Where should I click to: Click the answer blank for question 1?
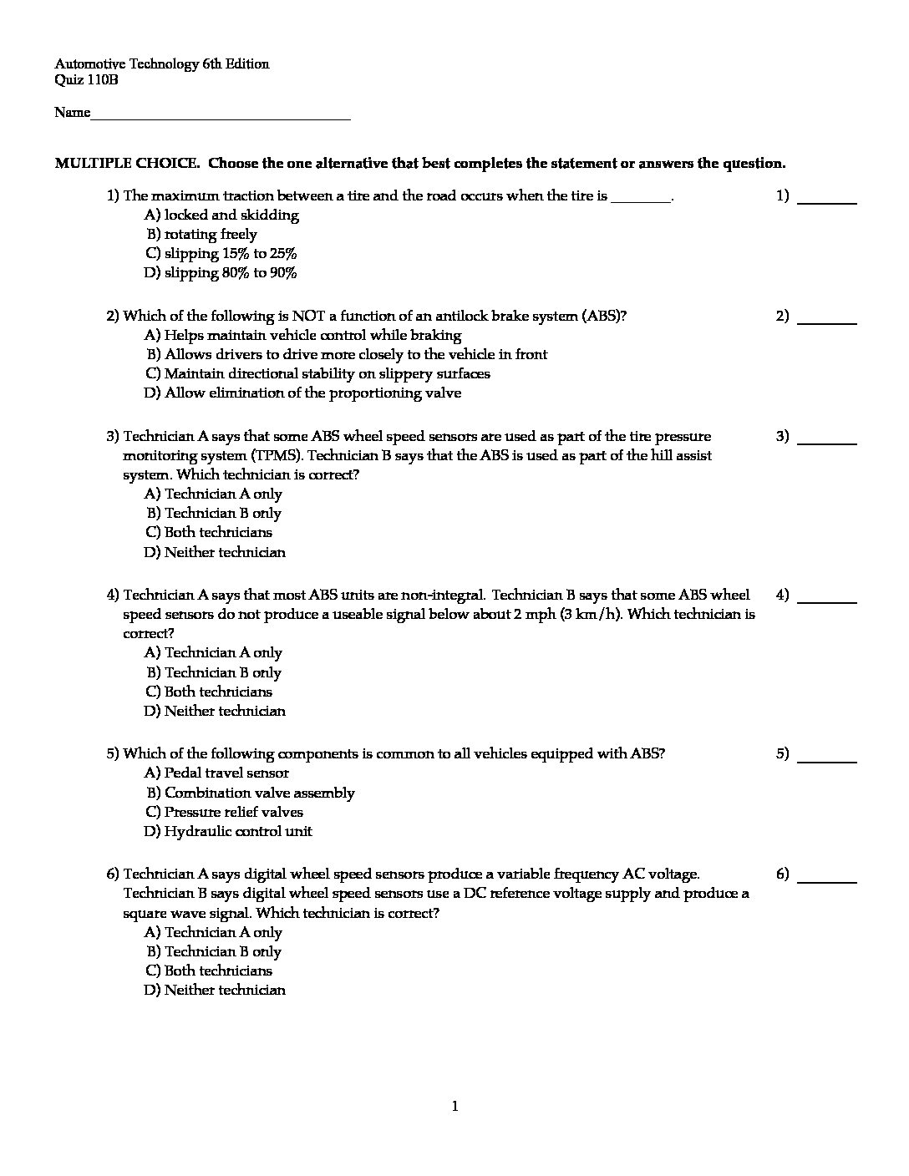pos(827,202)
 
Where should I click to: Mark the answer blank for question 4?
pos(827,601)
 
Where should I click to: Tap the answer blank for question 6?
pos(827,880)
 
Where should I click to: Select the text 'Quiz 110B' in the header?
pos(86,80)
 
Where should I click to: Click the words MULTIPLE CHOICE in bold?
pos(127,164)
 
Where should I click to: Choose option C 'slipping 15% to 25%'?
pos(221,253)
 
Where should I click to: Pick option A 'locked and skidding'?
pos(221,215)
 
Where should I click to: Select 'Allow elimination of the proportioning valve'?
pos(302,393)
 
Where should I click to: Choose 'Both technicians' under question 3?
pos(209,532)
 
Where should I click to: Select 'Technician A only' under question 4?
pos(213,652)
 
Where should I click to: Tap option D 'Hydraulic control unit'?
pos(228,831)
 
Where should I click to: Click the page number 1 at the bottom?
pos(454,1107)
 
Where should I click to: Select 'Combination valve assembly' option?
pos(250,793)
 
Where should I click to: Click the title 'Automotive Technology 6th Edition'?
pos(162,64)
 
